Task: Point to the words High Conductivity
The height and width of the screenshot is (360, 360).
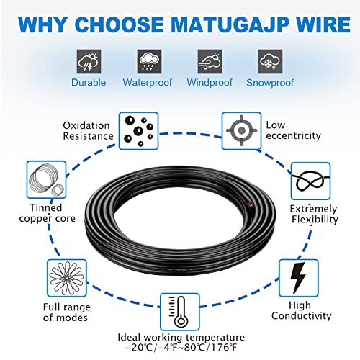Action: pyautogui.click(x=308, y=310)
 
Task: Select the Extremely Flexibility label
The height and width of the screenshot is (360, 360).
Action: pyautogui.click(x=313, y=214)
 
